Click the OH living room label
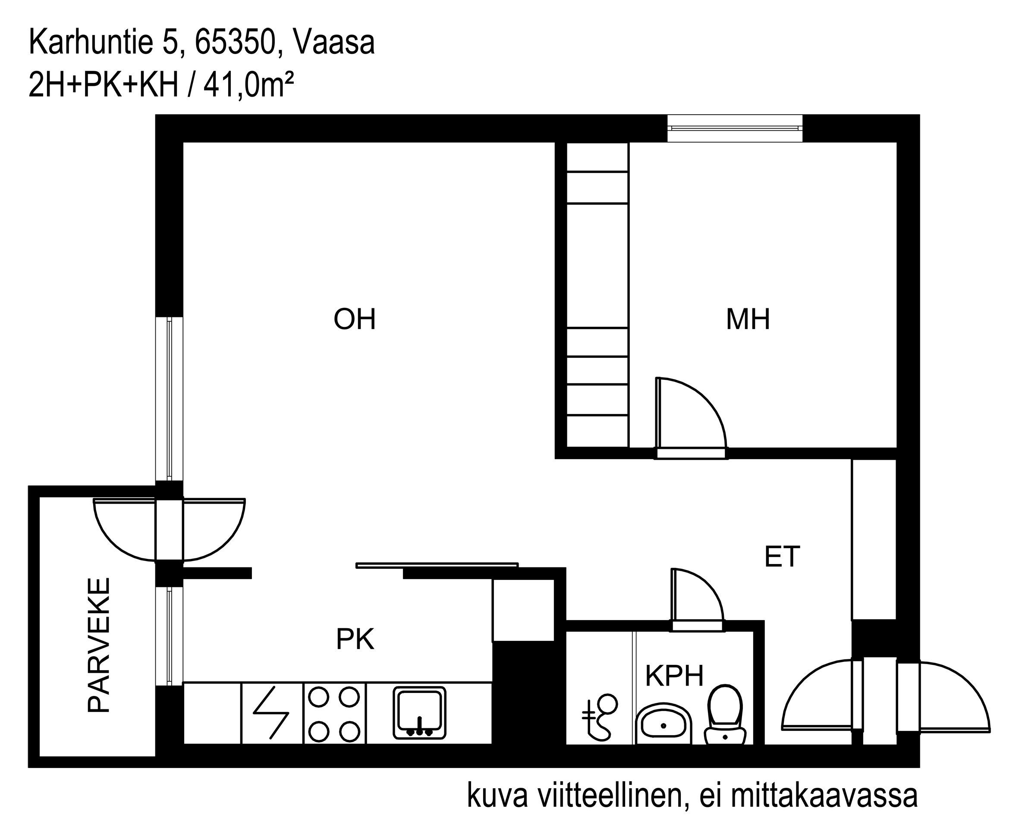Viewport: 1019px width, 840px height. [x=354, y=320]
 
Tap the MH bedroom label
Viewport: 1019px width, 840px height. [x=748, y=320]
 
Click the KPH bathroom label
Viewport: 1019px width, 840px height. [x=674, y=676]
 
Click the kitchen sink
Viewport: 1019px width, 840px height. [x=419, y=713]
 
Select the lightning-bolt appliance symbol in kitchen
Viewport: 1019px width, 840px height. [x=271, y=713]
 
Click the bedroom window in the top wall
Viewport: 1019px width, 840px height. [x=734, y=128]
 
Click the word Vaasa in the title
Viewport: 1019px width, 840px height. [x=334, y=43]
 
